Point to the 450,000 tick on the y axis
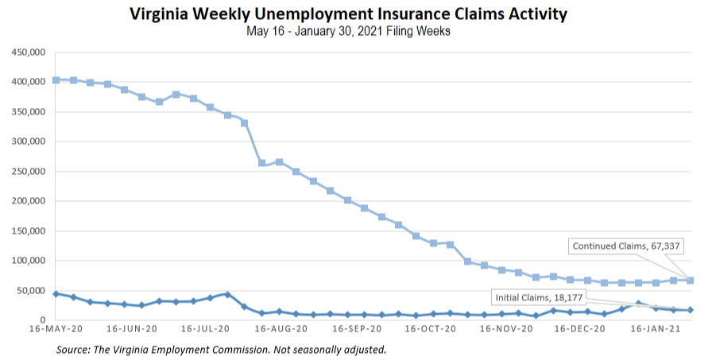27,52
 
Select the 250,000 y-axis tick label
27,172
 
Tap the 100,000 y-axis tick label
27,261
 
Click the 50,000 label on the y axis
29,291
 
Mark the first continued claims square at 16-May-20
56,80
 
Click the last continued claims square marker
691,280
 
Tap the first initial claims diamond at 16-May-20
56,294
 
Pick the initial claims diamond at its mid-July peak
228,294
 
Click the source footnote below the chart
221,349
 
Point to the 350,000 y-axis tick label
27,112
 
